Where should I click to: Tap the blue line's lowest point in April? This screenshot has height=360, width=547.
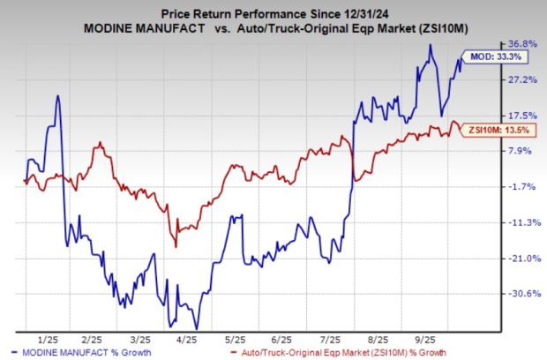click(196, 328)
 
